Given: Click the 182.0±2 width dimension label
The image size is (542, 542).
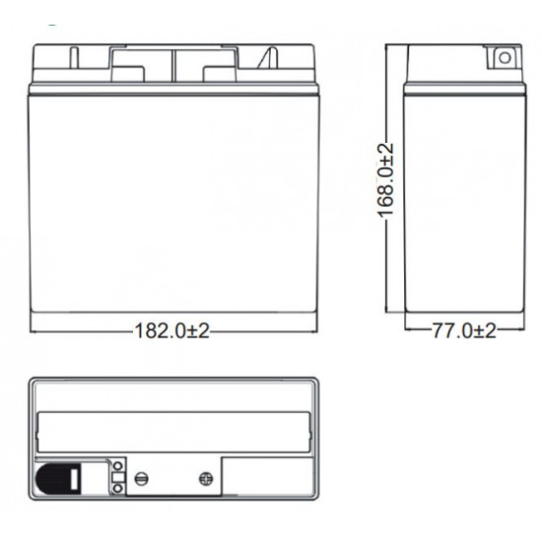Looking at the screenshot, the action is pos(171,331).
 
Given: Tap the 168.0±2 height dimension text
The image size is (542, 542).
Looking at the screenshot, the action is pos(385,180).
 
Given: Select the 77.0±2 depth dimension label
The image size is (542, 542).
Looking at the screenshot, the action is pos(464,330).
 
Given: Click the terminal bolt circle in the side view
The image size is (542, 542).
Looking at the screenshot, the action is pos(505,58).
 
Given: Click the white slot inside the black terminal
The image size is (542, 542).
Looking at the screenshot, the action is pos(74,479).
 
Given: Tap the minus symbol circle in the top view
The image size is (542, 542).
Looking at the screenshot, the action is pos(141,479).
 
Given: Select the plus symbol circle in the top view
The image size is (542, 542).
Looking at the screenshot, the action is pos(206,479).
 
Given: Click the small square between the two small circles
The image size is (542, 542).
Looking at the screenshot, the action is pos(118,477).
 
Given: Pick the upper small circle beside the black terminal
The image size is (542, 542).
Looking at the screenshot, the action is pos(118,466).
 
